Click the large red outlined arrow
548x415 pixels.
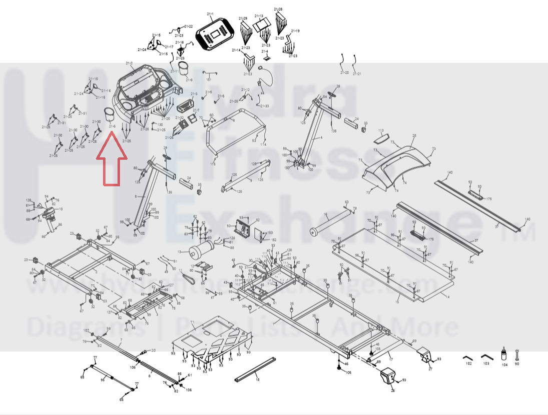(x=112, y=162)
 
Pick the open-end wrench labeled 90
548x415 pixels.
(x=517, y=354)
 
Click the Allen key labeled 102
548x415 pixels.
(x=467, y=357)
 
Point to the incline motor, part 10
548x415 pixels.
(x=51, y=216)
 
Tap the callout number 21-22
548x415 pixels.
(x=189, y=26)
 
